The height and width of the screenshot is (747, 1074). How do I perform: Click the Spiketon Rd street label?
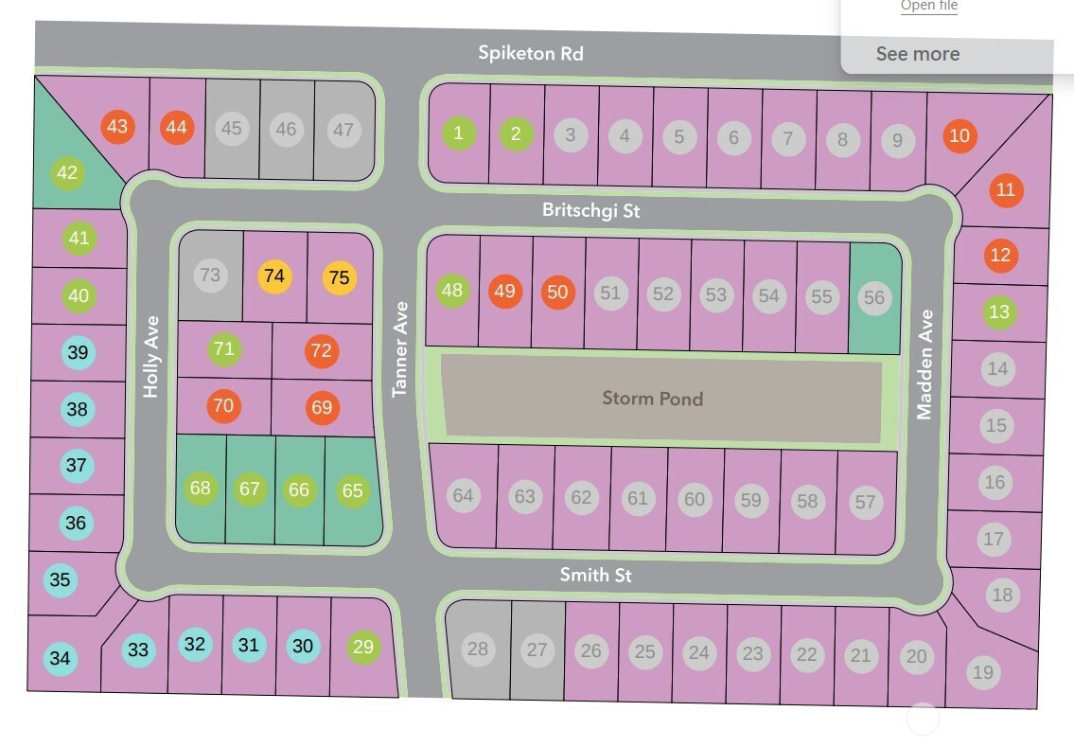pyautogui.click(x=531, y=53)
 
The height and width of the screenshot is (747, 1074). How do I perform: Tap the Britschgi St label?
pyautogui.click(x=591, y=209)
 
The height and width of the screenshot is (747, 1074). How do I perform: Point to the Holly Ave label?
pyautogui.click(x=150, y=356)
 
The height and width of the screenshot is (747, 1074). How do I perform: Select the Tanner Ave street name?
pyautogui.click(x=399, y=349)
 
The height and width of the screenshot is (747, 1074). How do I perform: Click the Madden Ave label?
pyautogui.click(x=924, y=365)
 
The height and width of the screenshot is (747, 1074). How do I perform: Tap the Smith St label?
pyautogui.click(x=595, y=575)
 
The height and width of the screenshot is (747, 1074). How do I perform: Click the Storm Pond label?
pyautogui.click(x=653, y=399)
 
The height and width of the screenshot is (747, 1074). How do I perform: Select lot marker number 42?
pyautogui.click(x=68, y=172)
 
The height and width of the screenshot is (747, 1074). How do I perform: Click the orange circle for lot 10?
pyautogui.click(x=960, y=135)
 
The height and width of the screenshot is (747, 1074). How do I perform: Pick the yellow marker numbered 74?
pyautogui.click(x=274, y=276)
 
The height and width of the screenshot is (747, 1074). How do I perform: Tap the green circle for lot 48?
pyautogui.click(x=452, y=290)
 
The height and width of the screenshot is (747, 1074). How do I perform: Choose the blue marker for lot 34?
pyautogui.click(x=61, y=659)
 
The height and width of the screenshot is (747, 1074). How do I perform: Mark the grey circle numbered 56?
pyautogui.click(x=874, y=297)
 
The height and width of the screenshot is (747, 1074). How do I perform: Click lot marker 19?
pyautogui.click(x=983, y=672)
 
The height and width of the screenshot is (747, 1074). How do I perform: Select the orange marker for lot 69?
pyautogui.click(x=322, y=407)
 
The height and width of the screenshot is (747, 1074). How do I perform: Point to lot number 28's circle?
pyautogui.click(x=478, y=649)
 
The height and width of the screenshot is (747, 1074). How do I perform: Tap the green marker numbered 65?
pyautogui.click(x=353, y=490)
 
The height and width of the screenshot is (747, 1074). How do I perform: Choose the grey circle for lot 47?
pyautogui.click(x=343, y=130)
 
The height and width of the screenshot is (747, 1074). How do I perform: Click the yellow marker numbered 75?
pyautogui.click(x=340, y=277)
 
